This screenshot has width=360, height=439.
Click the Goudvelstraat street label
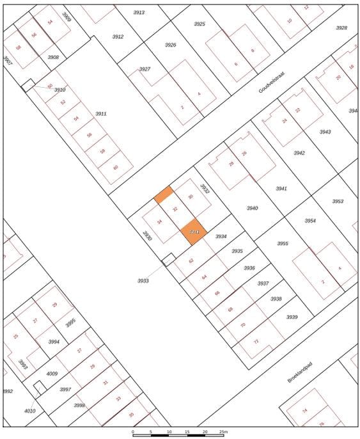pyautogui.click(x=271, y=83)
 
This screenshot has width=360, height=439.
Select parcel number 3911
pyautogui.click(x=100, y=113)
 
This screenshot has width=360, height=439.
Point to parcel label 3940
pyautogui.click(x=251, y=209)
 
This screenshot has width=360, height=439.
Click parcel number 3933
pyautogui.click(x=143, y=280)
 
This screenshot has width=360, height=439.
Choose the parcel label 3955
pyautogui.click(x=282, y=243)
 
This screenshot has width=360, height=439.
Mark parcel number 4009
pyautogui.click(x=52, y=374)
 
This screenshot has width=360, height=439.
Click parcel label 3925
pyautogui.click(x=200, y=24)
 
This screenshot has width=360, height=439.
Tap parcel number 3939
pyautogui.click(x=292, y=317)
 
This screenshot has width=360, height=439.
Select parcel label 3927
pyautogui.click(x=145, y=68)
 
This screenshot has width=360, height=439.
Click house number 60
pyautogui.click(x=115, y=167)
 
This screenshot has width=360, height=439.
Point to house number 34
pyautogui.click(x=159, y=221)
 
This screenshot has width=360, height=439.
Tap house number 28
pyautogui.click(x=231, y=164)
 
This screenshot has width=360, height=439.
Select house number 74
pyautogui.click(x=304, y=410)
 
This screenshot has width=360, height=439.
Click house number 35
pyautogui.click(x=131, y=415)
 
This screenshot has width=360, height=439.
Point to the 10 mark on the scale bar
pyautogui.click(x=169, y=432)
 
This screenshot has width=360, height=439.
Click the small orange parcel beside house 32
pyautogui.click(x=164, y=195)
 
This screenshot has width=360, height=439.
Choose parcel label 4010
pyautogui.click(x=29, y=410)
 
